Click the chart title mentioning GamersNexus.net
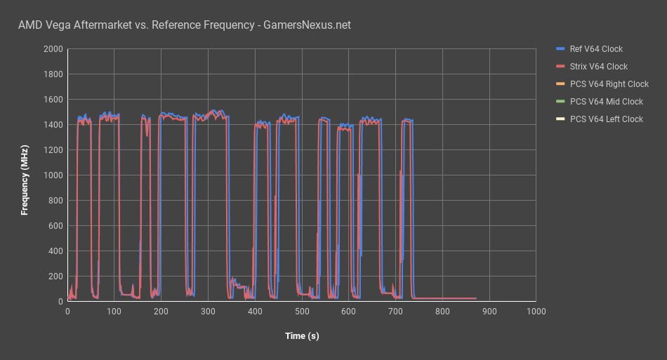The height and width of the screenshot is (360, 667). [x=185, y=25]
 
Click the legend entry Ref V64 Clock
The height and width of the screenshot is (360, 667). [x=596, y=49]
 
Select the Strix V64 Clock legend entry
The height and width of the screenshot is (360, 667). [x=598, y=67]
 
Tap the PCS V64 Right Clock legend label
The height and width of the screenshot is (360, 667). [x=609, y=84]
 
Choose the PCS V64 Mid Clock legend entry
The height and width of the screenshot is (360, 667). [x=606, y=102]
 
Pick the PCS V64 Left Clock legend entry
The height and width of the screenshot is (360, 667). [x=606, y=119]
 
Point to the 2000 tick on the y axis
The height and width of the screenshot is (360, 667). [x=53, y=49]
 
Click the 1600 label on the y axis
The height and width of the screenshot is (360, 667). [x=53, y=100]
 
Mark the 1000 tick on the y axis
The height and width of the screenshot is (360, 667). [x=53, y=175]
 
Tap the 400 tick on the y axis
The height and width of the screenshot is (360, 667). [x=55, y=251]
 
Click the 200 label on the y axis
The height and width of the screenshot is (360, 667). [x=55, y=276]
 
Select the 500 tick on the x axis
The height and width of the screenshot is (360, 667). [x=302, y=311]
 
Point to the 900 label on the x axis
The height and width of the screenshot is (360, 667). [x=489, y=311]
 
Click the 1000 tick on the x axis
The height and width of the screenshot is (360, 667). [x=536, y=311]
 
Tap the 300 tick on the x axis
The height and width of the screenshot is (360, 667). [x=208, y=311]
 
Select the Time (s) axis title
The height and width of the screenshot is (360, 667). [x=302, y=336]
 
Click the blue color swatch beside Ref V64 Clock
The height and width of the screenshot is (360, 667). [x=560, y=49]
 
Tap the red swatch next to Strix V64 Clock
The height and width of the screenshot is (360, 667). [x=560, y=67]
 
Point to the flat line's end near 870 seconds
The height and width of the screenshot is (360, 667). [x=475, y=299]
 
